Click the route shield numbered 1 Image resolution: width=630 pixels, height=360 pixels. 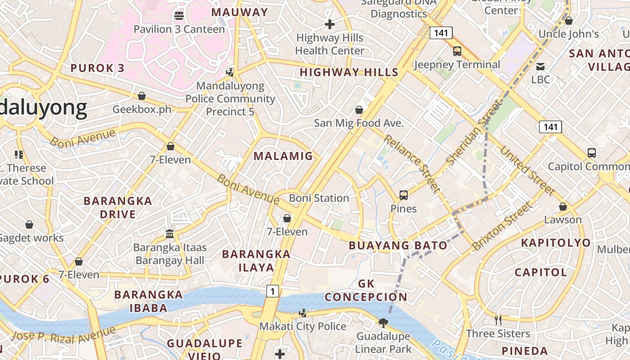272,291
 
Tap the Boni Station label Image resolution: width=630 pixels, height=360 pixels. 319,198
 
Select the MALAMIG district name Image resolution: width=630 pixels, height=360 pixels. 283,156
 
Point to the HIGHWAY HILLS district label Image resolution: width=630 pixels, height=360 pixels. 349,72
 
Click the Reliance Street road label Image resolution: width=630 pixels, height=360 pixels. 411,163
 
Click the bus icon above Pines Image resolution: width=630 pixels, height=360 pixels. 404,195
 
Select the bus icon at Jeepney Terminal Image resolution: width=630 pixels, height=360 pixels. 457,51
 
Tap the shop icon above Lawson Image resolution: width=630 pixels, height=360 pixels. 563,207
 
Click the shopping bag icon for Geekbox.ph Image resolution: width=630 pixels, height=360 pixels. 142,96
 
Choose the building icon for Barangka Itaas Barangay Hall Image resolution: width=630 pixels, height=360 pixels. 170,234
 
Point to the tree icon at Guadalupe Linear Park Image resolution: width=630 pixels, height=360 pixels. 383,323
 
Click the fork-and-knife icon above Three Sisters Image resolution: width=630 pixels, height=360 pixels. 498,320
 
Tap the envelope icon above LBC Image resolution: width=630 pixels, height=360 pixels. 540,67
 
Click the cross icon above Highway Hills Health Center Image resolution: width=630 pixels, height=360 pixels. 330,24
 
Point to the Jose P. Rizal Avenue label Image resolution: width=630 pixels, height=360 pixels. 63,335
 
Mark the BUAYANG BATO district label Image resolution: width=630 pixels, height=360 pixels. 398,245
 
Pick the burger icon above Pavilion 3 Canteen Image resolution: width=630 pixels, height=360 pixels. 179,16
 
